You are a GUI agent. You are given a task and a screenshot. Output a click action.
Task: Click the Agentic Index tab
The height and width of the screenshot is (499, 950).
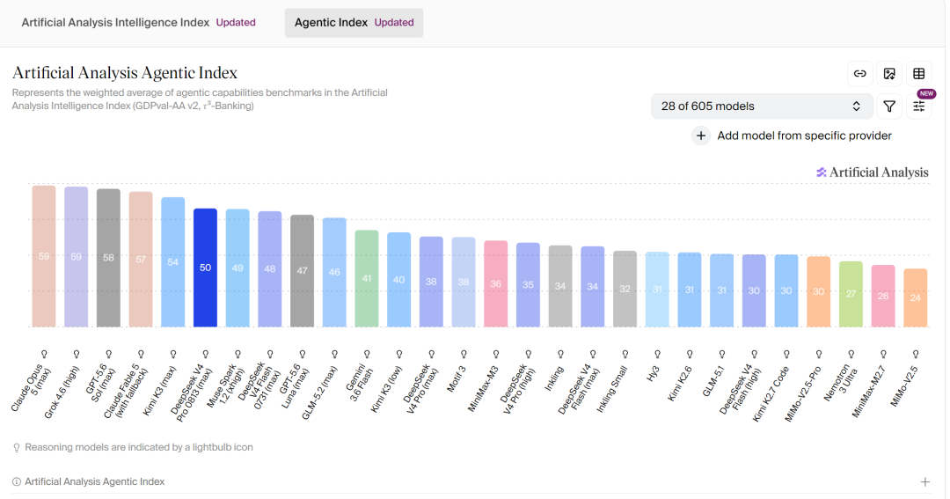[x=354, y=22]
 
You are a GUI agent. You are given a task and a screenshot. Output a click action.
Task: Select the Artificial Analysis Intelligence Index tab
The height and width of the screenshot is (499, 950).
[x=138, y=22]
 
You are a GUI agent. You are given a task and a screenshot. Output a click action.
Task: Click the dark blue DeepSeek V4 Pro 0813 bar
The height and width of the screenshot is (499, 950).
[x=205, y=268]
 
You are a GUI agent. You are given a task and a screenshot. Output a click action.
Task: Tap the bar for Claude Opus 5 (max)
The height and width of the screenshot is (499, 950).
[x=44, y=256]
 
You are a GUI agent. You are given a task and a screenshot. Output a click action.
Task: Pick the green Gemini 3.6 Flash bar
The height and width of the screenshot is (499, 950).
[x=367, y=279]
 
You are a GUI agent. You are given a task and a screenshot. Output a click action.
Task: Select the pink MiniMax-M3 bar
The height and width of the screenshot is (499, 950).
[x=495, y=284]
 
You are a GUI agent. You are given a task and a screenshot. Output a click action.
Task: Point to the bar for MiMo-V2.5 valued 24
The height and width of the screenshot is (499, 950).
[x=916, y=297]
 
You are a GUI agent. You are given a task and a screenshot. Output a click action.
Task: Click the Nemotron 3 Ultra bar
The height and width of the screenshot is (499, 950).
[x=851, y=294]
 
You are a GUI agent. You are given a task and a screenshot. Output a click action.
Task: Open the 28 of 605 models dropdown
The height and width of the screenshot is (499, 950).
[x=762, y=106]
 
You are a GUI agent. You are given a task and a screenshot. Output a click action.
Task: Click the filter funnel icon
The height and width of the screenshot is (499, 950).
[x=889, y=106]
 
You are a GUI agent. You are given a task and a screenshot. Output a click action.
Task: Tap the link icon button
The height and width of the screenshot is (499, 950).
[x=859, y=73]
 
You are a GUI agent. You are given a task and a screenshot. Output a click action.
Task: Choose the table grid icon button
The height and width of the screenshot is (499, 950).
[x=919, y=73]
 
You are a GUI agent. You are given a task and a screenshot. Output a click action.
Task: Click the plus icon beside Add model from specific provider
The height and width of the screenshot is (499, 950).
[x=701, y=136]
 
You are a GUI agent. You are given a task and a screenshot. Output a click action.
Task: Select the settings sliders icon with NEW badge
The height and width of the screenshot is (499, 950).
[x=919, y=106]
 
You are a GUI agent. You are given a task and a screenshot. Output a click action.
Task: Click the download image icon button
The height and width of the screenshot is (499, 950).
[x=889, y=73]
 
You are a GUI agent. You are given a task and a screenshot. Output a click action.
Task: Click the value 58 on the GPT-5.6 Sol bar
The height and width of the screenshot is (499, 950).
[x=108, y=258]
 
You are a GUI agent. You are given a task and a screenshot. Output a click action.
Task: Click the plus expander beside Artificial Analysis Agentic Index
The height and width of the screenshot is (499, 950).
[x=925, y=482]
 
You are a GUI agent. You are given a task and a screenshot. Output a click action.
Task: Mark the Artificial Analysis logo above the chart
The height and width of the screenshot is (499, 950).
[x=872, y=172]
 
